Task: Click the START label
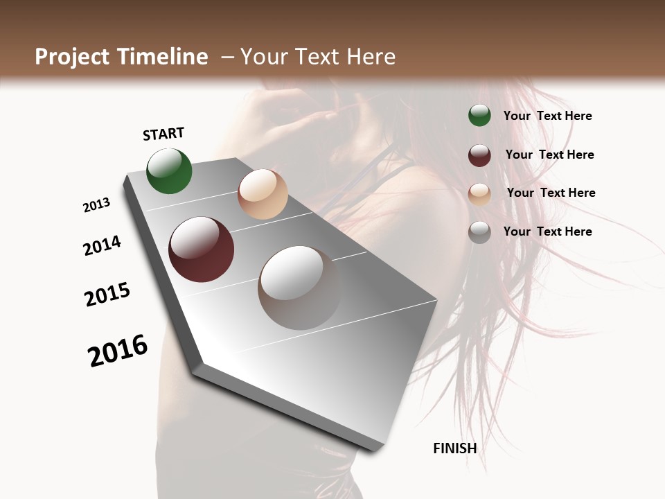[x=163, y=134]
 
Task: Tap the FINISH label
[x=454, y=448]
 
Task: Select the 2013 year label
[x=96, y=205]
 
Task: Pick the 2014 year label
[x=102, y=245]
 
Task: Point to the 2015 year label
[x=107, y=295]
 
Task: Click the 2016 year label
[x=118, y=351]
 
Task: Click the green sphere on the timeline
[x=169, y=171]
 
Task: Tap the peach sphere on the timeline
[x=263, y=194]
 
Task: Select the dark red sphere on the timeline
[x=201, y=249]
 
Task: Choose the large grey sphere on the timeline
[x=299, y=288]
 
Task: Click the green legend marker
[x=479, y=116]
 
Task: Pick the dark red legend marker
[x=479, y=155]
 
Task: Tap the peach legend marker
[x=479, y=193]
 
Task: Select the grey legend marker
[x=479, y=232]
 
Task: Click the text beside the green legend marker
[x=547, y=116]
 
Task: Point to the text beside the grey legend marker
[x=547, y=231]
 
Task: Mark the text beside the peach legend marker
[x=551, y=193]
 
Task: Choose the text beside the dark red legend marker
[x=549, y=155]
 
